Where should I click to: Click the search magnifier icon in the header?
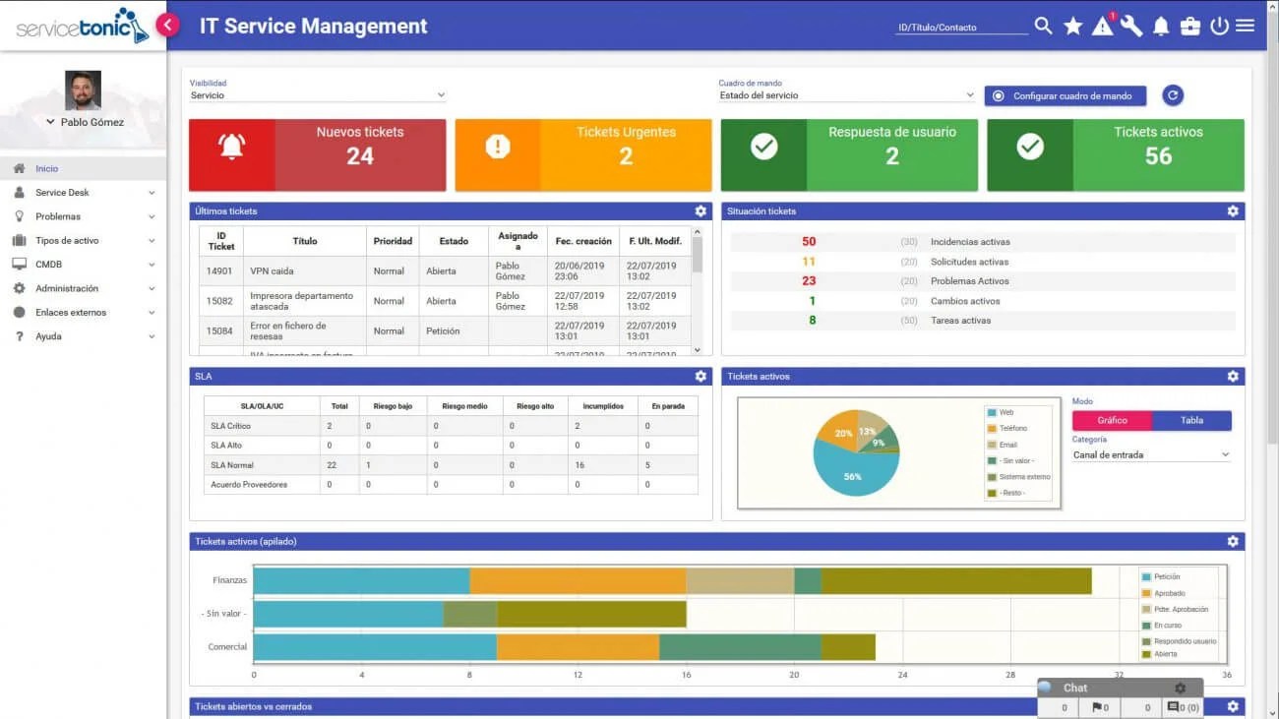1043,26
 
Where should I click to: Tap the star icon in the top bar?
1072,26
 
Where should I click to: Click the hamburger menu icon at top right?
1245,26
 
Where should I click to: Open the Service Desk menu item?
63,193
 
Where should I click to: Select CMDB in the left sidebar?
49,265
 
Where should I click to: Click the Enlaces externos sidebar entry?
71,313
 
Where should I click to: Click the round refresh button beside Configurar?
1172,95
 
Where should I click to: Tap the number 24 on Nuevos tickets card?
360,155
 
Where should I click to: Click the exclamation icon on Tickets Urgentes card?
498,147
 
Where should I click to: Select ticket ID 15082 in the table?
219,301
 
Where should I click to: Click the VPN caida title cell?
272,271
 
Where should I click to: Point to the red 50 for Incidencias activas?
809,242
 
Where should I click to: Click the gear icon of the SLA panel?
700,377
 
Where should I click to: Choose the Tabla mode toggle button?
1191,420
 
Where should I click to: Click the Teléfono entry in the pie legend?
1013,429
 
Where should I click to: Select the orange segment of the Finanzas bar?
578,581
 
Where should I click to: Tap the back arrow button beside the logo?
168,26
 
